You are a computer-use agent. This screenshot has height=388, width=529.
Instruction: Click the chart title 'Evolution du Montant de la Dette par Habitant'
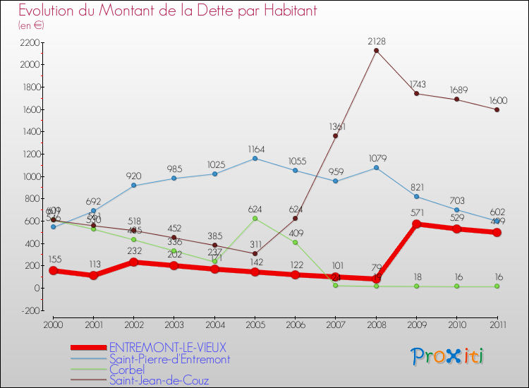click(x=168, y=11)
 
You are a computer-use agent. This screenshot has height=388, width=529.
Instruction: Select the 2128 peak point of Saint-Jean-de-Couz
click(x=376, y=50)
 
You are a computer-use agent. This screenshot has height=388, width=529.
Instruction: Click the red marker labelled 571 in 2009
click(x=416, y=224)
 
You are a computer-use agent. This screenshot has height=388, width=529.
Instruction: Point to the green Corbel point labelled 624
click(x=255, y=218)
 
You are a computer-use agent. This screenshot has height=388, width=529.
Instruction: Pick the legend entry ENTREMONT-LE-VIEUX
click(x=168, y=347)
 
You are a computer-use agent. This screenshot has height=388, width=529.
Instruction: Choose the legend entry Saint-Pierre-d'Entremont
click(x=169, y=359)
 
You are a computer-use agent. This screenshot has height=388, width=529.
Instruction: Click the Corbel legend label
click(x=127, y=370)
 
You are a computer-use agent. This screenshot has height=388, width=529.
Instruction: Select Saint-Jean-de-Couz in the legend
click(x=159, y=381)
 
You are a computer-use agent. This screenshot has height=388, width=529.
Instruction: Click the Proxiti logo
click(x=448, y=356)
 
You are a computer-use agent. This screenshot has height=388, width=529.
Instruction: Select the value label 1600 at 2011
click(x=497, y=101)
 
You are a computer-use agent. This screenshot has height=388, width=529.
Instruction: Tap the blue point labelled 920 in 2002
click(x=133, y=186)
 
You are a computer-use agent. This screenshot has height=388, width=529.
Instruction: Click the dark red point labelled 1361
click(x=336, y=135)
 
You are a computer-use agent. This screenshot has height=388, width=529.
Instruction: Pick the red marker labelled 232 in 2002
click(x=133, y=262)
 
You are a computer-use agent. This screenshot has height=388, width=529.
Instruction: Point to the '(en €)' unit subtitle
click(x=31, y=25)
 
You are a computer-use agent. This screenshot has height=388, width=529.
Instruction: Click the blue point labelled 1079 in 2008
click(x=376, y=168)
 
